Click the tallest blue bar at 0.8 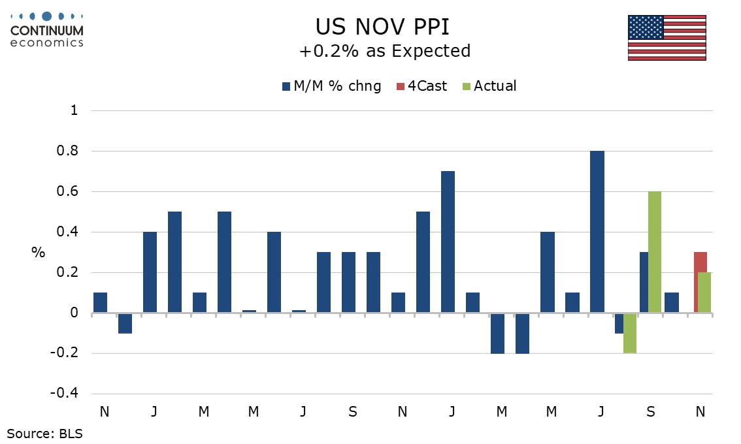(597, 232)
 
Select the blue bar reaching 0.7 (448, 242)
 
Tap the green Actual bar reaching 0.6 (655, 252)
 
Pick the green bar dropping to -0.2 (630, 333)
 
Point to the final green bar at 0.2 (704, 293)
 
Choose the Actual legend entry (489, 86)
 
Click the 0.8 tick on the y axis (69, 151)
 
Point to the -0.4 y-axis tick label (64, 394)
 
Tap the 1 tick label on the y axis (74, 111)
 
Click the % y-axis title (39, 253)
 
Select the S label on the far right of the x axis (651, 412)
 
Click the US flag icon (667, 37)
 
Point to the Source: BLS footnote (45, 432)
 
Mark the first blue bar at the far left (100, 302)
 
